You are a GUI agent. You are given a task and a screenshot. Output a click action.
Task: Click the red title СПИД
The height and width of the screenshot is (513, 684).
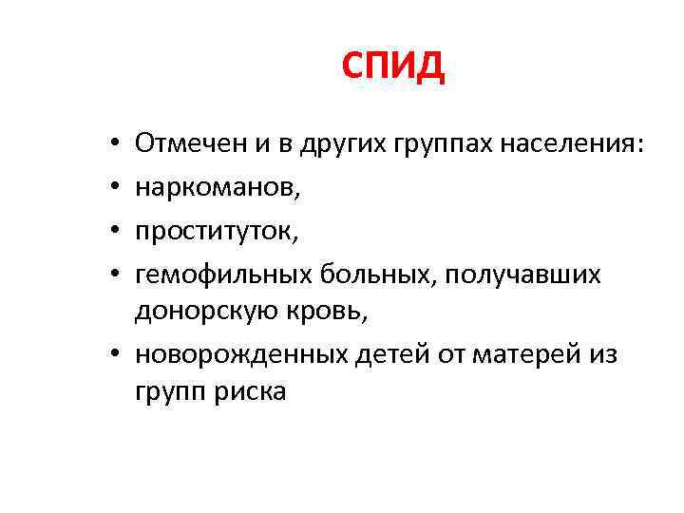pos(392,67)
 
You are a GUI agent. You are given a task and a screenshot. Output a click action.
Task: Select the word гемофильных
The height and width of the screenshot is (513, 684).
pos(216,275)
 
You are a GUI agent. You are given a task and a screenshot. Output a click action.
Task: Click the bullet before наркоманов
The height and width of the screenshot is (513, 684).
pos(115,188)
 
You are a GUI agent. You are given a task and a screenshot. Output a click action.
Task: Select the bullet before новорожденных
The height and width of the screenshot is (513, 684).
pos(115,354)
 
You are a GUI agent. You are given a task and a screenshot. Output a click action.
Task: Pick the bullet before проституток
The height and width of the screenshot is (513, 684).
pos(115,231)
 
